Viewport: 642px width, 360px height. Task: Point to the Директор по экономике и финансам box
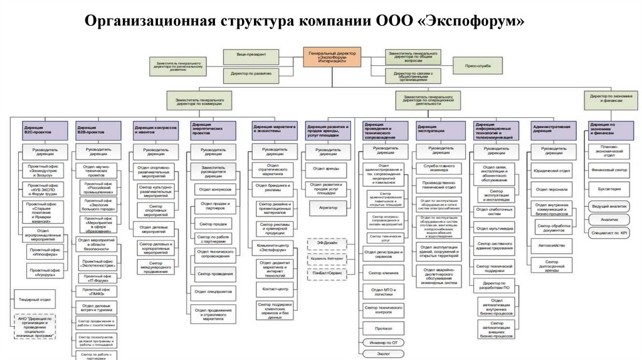tap(608, 99)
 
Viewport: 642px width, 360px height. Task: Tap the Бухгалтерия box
tap(609, 188)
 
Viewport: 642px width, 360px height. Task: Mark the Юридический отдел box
tap(552, 170)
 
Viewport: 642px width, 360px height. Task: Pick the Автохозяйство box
tap(552, 246)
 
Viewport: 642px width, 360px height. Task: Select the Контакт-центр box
tap(275, 289)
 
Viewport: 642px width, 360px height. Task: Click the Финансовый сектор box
tap(609, 169)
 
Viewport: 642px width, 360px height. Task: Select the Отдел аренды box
tap(327, 168)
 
